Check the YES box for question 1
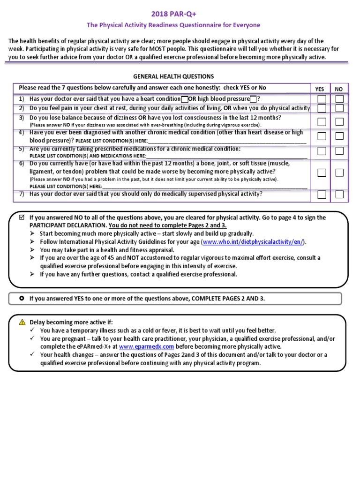click(x=322, y=99)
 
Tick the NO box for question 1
click(x=339, y=99)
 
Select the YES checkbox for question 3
click(x=322, y=122)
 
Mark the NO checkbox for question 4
click(x=339, y=136)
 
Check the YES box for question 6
click(x=322, y=172)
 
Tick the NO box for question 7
click(x=339, y=195)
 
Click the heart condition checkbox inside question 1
click(x=184, y=99)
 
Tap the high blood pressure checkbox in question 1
click(x=253, y=99)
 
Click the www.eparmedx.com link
click(x=146, y=346)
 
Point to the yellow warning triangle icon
click(x=22, y=322)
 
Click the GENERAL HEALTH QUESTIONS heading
click(x=173, y=76)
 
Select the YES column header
click(x=320, y=89)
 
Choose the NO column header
click(x=338, y=89)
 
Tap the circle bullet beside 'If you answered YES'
click(x=22, y=298)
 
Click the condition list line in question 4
click(x=227, y=141)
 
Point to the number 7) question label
click(x=22, y=194)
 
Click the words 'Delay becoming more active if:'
click(x=71, y=322)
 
